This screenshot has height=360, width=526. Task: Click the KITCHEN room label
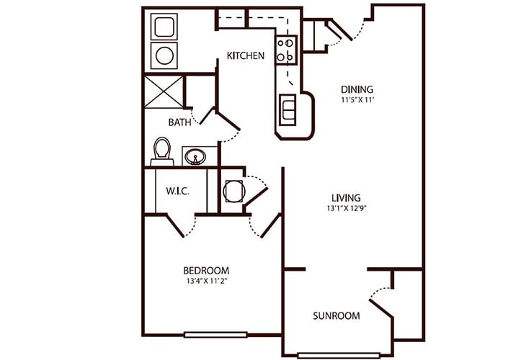pos(246,55)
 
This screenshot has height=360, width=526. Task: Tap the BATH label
pos(180,122)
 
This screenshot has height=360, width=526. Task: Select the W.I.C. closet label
pos(177,191)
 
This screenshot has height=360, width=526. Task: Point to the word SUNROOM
pos(336,316)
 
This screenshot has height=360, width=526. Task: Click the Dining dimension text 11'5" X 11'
pos(357,100)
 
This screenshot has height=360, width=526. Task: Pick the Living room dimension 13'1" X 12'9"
pos(346,208)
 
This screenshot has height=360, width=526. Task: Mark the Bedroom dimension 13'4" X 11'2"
pos(206,281)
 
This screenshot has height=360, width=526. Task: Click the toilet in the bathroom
pos(162,151)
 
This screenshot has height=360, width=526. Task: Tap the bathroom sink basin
pos(195,156)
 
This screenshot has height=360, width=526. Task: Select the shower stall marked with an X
pos(164,92)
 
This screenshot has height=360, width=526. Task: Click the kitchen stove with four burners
pos(287,50)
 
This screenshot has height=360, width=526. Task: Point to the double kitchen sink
pos(287,110)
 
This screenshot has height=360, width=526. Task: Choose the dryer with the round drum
pos(164,55)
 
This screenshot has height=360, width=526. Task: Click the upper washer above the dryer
pos(164,27)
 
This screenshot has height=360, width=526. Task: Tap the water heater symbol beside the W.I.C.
pos(234,191)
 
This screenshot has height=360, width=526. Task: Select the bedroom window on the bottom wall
pos(215,335)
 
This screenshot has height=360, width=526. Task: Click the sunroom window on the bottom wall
pos(339,355)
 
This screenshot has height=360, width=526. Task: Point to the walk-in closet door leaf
pos(175,225)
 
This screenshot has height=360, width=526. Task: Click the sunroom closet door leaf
pos(381,308)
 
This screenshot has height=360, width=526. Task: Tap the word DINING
pos(357,89)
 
